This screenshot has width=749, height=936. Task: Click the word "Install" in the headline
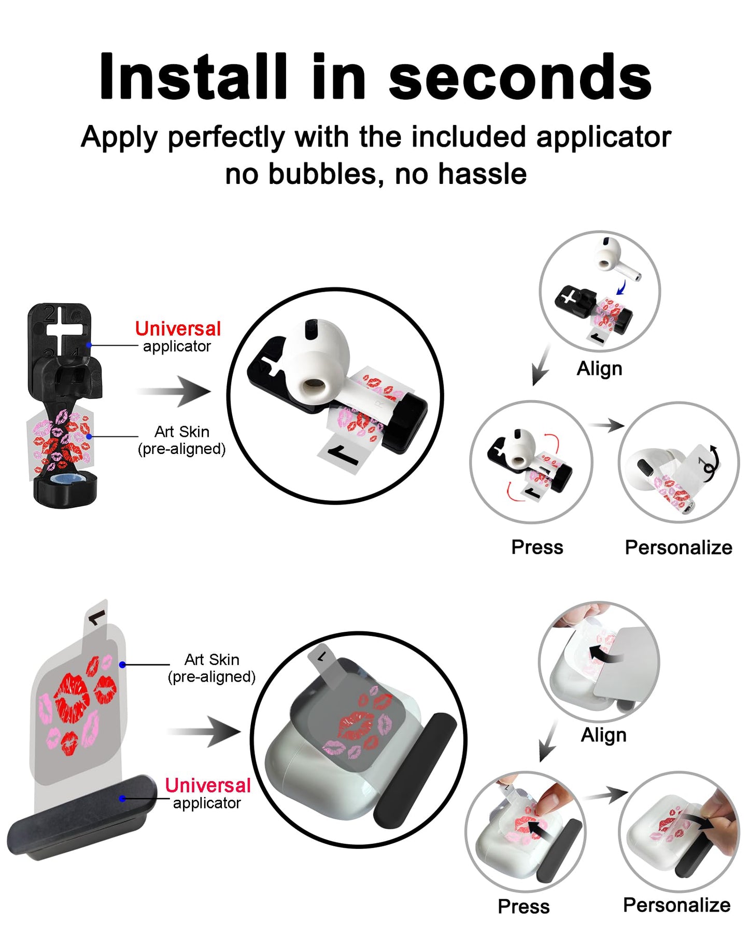pyautogui.click(x=192, y=77)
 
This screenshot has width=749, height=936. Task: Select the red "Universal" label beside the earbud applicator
pyautogui.click(x=178, y=329)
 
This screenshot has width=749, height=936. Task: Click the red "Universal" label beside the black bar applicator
pyautogui.click(x=208, y=785)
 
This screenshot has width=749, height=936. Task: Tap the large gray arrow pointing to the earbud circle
pyautogui.click(x=176, y=391)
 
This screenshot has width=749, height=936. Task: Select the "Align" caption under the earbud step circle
pyautogui.click(x=599, y=368)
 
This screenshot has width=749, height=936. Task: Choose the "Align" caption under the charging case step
pyautogui.click(x=603, y=735)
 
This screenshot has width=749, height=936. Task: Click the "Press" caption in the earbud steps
pyautogui.click(x=537, y=547)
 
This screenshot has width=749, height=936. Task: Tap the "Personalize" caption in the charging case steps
pyautogui.click(x=676, y=905)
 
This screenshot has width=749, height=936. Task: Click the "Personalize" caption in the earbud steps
pyautogui.click(x=679, y=547)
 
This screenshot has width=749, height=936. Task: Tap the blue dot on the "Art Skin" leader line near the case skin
pyautogui.click(x=122, y=664)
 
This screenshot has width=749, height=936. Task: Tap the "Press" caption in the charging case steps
pyautogui.click(x=524, y=906)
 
